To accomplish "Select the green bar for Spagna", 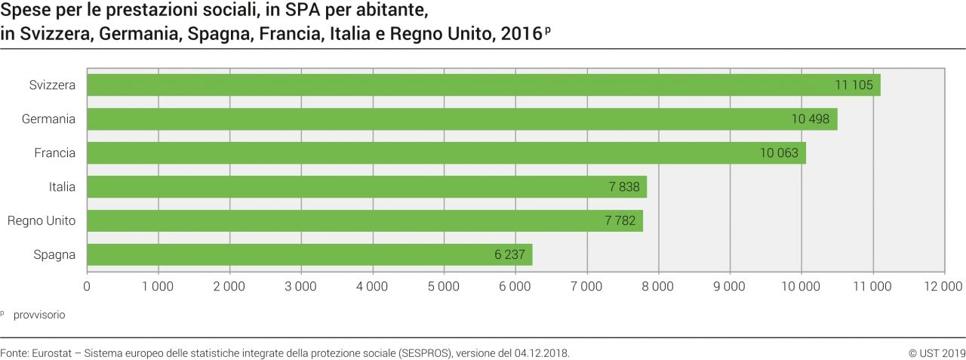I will click(309, 254).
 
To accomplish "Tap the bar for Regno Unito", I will click(362, 220).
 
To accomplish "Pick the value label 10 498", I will click(810, 119).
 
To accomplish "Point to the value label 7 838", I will click(624, 187).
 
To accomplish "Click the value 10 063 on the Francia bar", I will click(779, 153).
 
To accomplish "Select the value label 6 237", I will click(509, 254).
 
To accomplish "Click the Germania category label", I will click(49, 119).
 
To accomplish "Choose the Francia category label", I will click(55, 153).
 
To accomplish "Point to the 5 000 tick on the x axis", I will click(443, 286).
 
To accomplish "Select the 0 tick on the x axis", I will click(88, 286).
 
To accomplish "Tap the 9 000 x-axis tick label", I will click(729, 286).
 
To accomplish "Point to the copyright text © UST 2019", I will click(937, 352).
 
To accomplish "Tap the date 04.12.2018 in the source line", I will click(541, 352).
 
